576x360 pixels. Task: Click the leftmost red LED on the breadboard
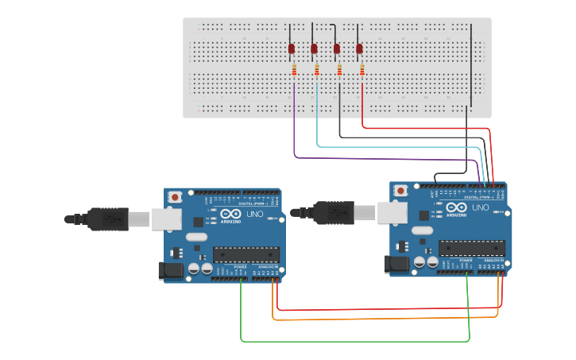click(292, 49)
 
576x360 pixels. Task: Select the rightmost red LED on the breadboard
click(359, 49)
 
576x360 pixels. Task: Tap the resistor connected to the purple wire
click(295, 71)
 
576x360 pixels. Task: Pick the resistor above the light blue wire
click(317, 71)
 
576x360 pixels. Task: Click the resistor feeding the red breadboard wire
click(362, 71)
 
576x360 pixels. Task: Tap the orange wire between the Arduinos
click(381, 319)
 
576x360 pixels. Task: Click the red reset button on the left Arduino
click(175, 196)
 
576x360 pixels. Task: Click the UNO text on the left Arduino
click(255, 215)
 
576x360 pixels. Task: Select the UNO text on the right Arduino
click(480, 207)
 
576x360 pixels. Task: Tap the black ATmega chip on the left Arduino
click(245, 254)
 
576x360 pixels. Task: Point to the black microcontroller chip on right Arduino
click(471, 248)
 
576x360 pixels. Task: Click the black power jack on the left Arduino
click(169, 271)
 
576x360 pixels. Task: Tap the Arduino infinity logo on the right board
click(456, 207)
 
